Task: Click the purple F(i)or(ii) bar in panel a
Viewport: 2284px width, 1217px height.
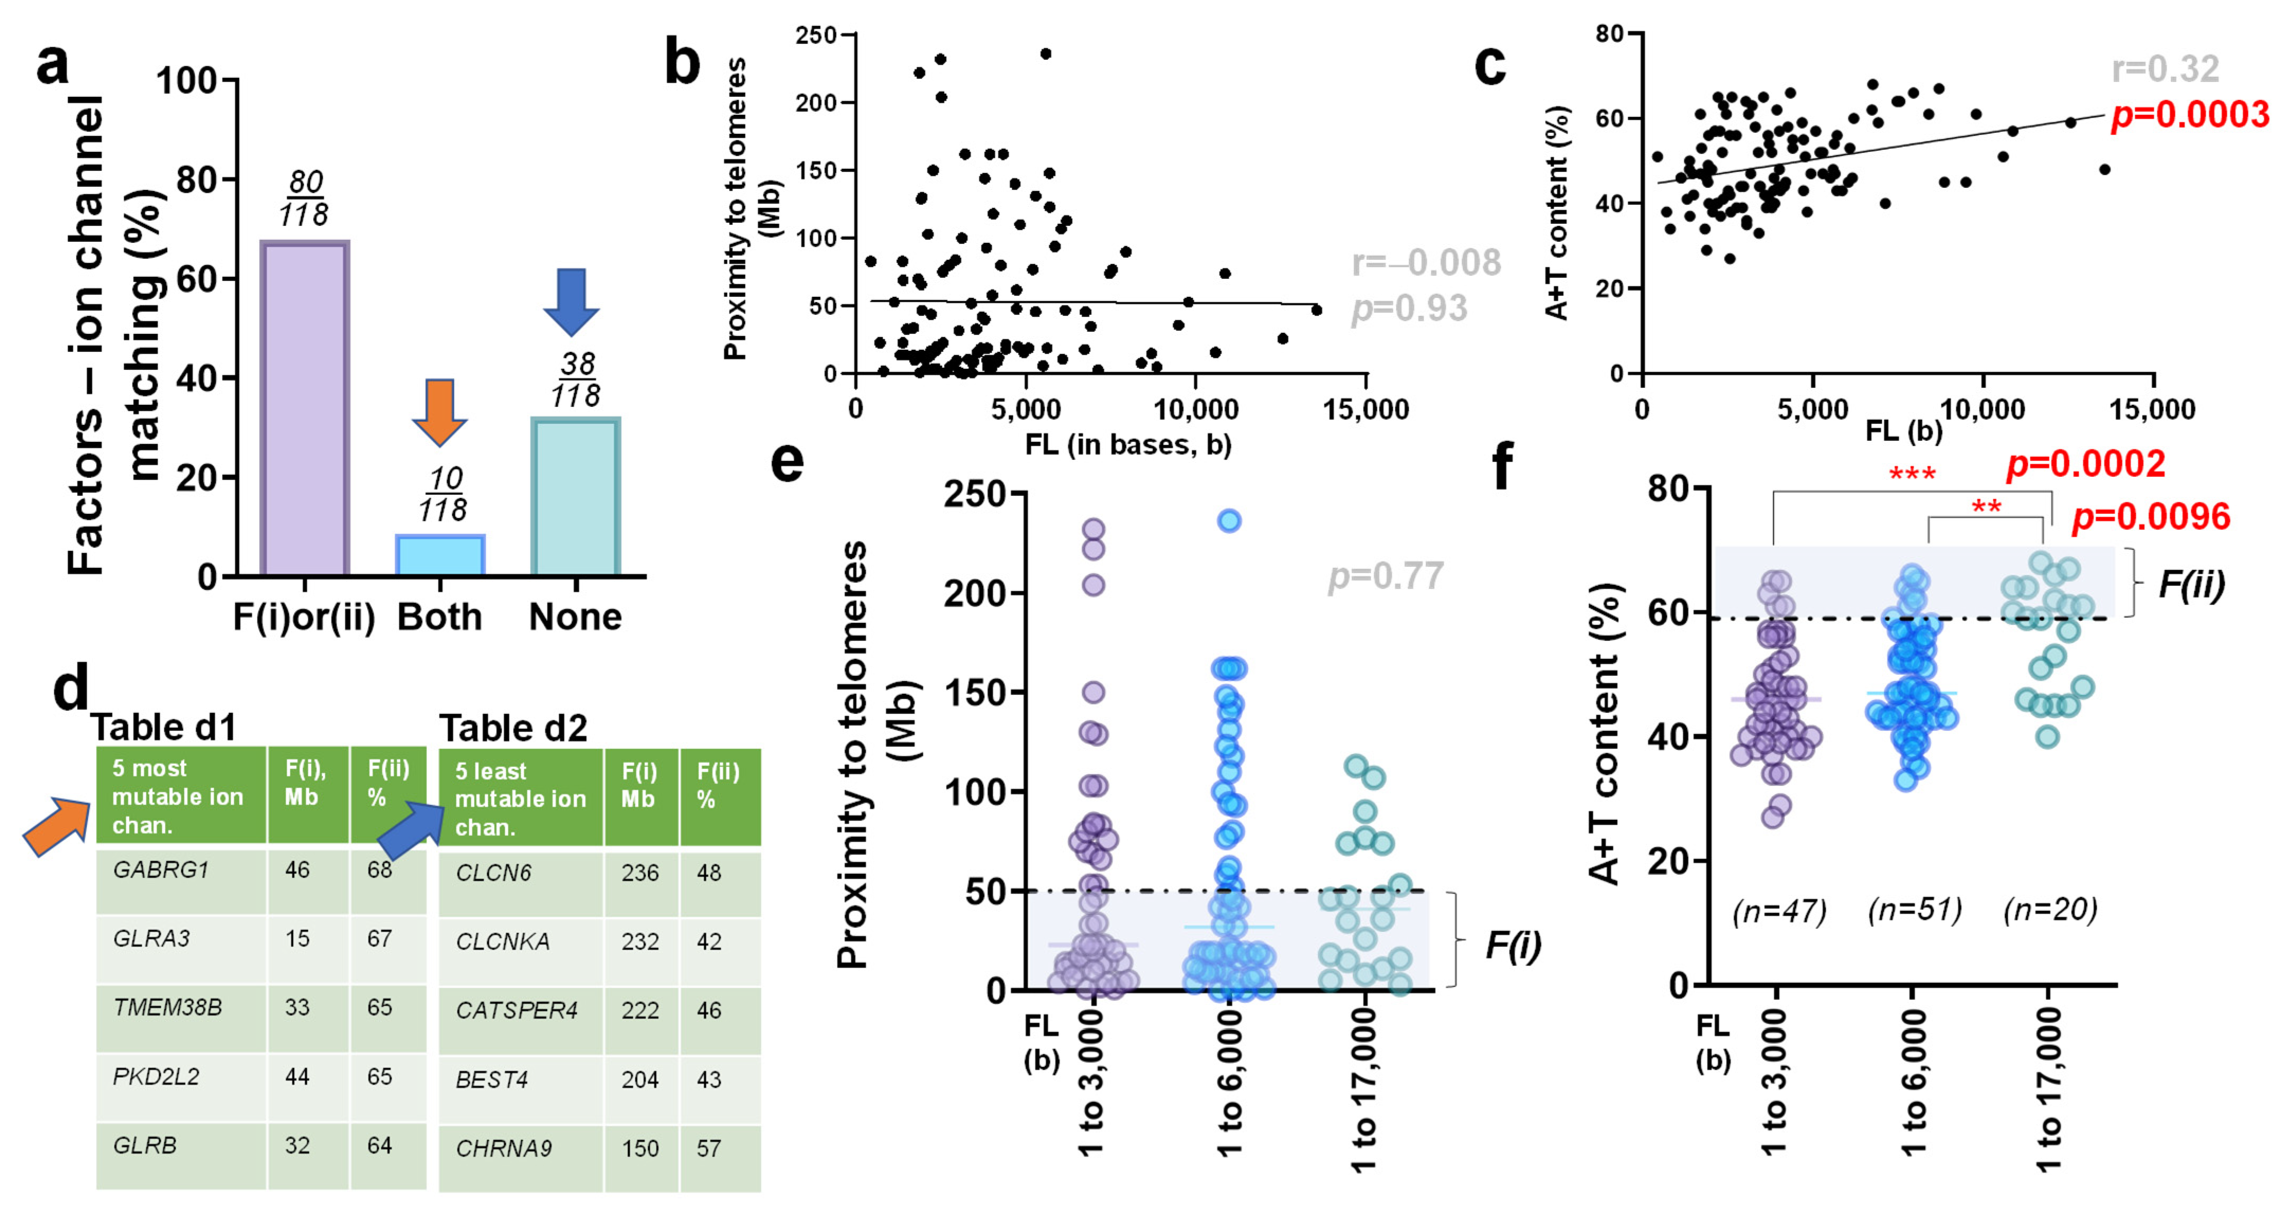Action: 304,408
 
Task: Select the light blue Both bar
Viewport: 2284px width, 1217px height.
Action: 440,556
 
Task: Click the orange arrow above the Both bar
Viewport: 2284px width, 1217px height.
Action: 439,411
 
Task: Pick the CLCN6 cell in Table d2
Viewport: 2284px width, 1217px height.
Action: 493,873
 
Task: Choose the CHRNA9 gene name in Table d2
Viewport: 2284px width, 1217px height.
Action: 504,1149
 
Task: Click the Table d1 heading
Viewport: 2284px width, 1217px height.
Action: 164,727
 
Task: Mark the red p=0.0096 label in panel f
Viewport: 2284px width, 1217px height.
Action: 2150,517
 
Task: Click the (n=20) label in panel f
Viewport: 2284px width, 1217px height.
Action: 2050,910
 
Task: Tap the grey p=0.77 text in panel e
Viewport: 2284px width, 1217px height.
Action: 1385,576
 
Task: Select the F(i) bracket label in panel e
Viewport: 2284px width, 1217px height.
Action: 1512,946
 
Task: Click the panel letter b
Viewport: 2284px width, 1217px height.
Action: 682,64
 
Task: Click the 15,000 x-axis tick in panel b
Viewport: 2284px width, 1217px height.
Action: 1365,410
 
